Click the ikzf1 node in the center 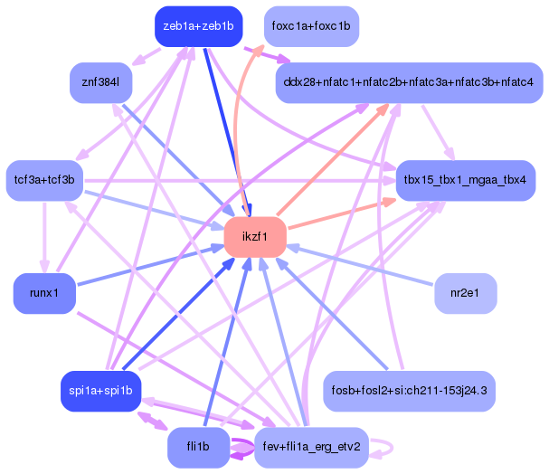click(x=255, y=237)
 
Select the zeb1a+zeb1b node click(x=198, y=26)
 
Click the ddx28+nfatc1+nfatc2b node click(x=408, y=83)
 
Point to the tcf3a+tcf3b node click(x=44, y=181)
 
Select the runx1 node click(x=44, y=293)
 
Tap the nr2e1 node click(x=466, y=293)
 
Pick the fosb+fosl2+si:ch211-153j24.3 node click(x=410, y=391)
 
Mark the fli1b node click(x=196, y=448)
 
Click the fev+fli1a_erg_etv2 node click(x=311, y=448)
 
